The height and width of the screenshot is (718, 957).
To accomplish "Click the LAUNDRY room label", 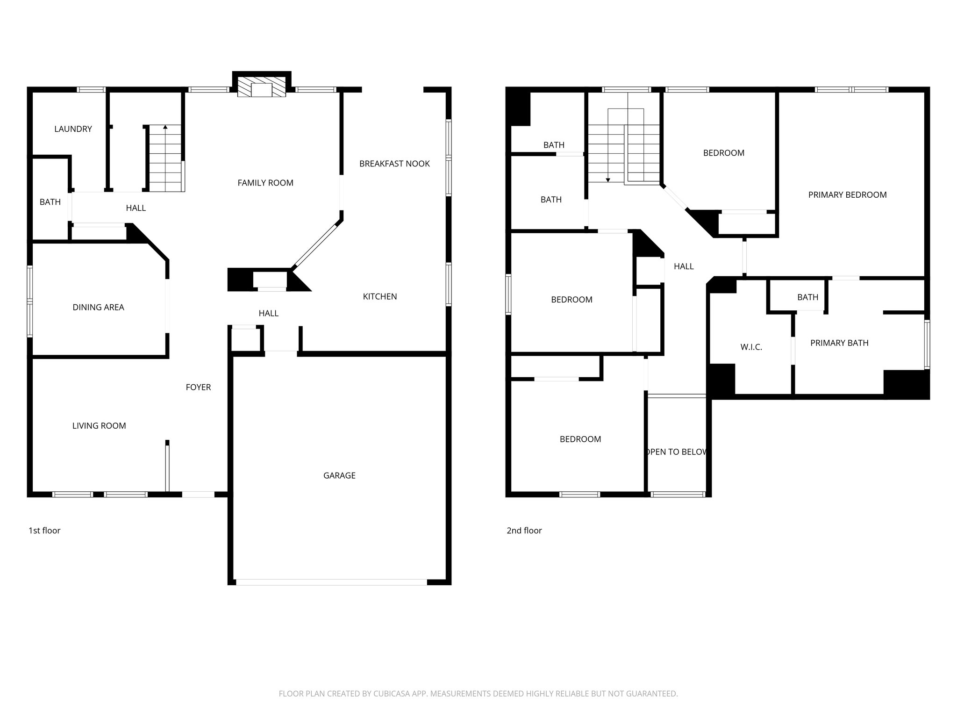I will point(73,129).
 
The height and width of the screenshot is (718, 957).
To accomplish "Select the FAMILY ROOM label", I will point(265,183).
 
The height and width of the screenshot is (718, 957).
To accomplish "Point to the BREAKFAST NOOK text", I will point(394,164).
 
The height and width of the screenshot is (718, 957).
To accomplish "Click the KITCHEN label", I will point(380,296).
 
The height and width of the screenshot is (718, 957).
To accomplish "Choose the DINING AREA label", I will point(98,307).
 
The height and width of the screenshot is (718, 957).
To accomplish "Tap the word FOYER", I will point(198,387).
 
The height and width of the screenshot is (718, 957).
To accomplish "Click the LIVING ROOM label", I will point(99,425).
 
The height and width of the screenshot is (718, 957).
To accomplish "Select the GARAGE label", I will point(339,475).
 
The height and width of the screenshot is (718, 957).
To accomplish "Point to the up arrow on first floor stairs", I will point(165,127).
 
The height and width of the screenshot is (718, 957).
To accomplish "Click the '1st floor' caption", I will point(44,530).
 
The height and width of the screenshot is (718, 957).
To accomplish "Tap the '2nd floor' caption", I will point(524,530).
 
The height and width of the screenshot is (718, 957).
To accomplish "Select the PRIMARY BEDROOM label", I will point(847,195).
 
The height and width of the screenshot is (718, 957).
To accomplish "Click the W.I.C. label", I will point(751,347).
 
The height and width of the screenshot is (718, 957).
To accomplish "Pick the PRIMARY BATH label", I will point(839,343).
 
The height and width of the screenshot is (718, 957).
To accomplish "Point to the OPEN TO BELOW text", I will point(676,452).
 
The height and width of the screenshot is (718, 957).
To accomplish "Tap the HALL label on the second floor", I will point(684,266).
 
